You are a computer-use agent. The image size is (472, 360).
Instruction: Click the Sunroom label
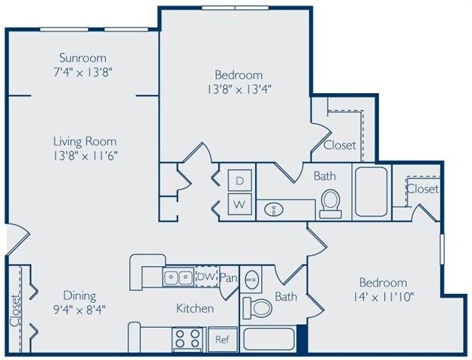(83, 58)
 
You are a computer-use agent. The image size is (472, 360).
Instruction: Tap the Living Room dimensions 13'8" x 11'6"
(84, 155)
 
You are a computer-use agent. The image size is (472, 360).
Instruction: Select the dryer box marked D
(240, 181)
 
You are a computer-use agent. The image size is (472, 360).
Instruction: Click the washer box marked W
(240, 203)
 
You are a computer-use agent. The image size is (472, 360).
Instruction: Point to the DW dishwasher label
(206, 277)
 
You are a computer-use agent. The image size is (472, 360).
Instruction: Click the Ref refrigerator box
(221, 338)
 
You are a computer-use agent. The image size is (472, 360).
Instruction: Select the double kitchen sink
(179, 277)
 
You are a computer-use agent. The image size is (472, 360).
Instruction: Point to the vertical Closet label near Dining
(16, 310)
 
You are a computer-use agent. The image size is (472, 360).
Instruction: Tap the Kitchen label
(195, 308)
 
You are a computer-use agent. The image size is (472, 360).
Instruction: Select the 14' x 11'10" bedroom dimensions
(383, 296)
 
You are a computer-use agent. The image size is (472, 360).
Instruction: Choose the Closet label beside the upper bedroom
(340, 145)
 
